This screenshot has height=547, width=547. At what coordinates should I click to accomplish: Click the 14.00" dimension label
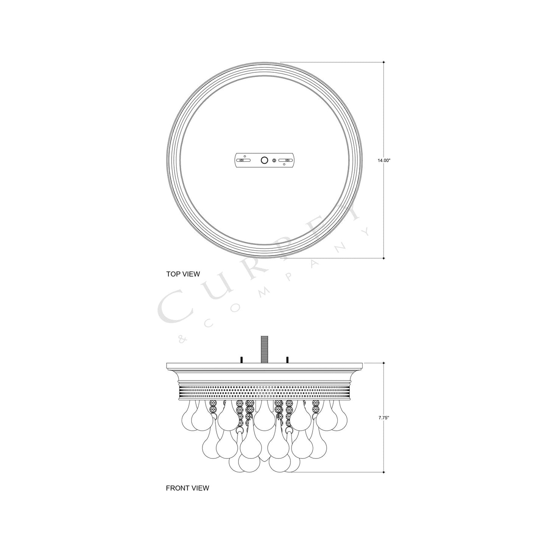click(x=384, y=161)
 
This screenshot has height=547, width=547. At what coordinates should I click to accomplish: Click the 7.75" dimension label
click(x=383, y=418)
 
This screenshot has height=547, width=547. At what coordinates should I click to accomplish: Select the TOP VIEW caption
click(x=183, y=274)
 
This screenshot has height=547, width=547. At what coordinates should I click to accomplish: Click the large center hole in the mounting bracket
click(x=264, y=161)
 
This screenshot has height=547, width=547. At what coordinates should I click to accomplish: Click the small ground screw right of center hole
click(x=274, y=161)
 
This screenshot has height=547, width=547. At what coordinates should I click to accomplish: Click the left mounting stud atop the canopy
click(x=241, y=359)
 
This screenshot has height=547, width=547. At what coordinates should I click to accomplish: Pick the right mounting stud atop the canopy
click(x=288, y=359)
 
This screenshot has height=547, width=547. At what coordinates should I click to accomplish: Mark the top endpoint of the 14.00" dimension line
click(x=384, y=62)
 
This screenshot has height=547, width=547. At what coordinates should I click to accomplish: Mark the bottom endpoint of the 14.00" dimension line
click(x=384, y=259)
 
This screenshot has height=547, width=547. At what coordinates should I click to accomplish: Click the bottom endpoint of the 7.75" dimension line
click(x=384, y=472)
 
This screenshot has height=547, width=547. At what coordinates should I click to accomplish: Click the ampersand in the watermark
click(x=181, y=340)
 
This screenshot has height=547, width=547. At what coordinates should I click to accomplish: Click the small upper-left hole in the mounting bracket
click(x=245, y=156)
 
